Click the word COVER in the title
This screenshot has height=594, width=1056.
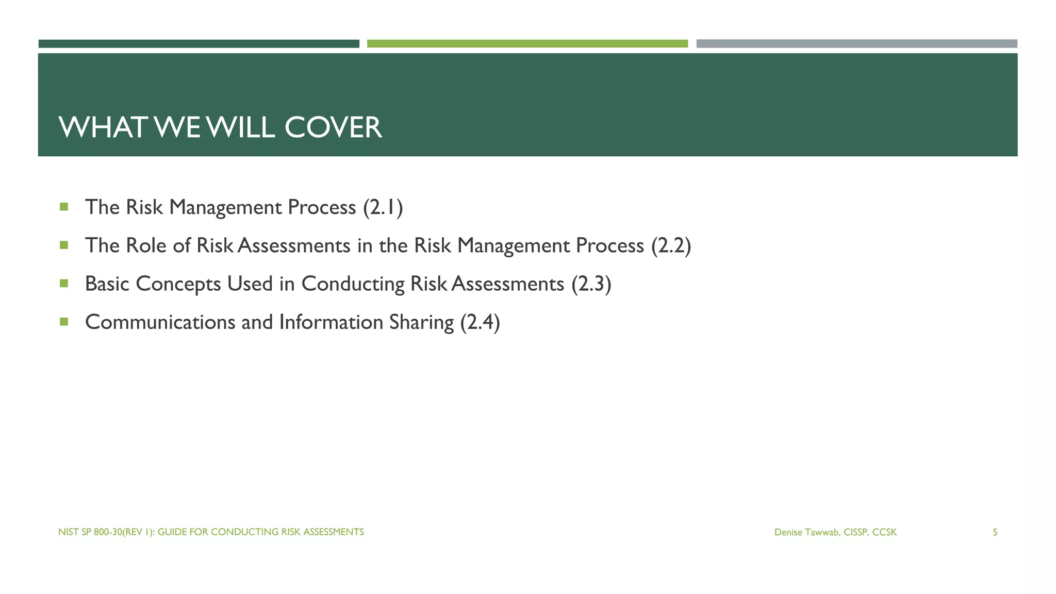click(333, 127)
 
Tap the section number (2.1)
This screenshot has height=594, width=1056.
click(383, 207)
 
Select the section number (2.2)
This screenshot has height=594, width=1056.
click(671, 245)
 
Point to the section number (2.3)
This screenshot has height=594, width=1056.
click(591, 284)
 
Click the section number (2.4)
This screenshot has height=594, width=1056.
click(480, 322)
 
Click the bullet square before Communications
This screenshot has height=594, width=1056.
click(64, 322)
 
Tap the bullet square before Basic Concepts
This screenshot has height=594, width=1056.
click(64, 283)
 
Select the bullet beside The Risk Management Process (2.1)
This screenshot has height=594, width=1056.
click(64, 207)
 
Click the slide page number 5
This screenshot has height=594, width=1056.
click(995, 532)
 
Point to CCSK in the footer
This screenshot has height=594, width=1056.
click(884, 532)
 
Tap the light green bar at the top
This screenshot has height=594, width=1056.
click(527, 44)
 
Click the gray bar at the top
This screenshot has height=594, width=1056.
click(856, 44)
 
